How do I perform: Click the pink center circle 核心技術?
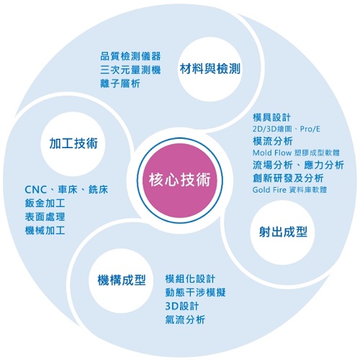click(180, 180)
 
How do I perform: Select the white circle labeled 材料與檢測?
click(210, 69)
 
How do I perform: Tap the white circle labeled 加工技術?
click(73, 144)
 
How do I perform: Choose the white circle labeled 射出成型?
click(283, 232)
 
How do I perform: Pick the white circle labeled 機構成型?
click(122, 280)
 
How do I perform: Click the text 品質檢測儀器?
click(130, 56)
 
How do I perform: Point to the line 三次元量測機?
click(130, 70)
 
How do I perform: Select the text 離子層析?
click(120, 83)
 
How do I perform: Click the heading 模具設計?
click(271, 117)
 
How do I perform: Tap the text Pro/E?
click(310, 129)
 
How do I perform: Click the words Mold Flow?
click(272, 152)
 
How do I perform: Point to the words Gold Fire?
click(269, 190)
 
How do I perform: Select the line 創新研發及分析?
click(288, 178)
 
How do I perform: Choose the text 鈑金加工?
click(45, 204)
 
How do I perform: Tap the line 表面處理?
click(45, 217)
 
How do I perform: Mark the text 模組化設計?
click(190, 279)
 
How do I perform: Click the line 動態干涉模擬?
click(195, 293)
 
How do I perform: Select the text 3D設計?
click(182, 306)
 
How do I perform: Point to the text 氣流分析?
click(185, 320)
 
